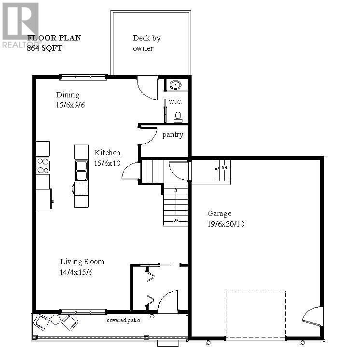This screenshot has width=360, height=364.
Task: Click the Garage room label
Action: coord(220,213)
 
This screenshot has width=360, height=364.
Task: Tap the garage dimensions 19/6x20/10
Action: coord(226,224)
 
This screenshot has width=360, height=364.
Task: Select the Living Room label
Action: coord(82,262)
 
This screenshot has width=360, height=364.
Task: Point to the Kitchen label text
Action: coord(107,152)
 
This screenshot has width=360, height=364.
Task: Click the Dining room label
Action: coord(68,94)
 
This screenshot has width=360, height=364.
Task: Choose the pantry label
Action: coord(172,135)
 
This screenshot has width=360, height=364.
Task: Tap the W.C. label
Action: coord(175,102)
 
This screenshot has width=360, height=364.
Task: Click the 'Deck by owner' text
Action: coord(146,42)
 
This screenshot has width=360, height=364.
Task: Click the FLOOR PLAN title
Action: coord(54,38)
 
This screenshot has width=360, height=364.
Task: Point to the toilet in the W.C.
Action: coord(178,116)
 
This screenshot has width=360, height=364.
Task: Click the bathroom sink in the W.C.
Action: coord(175,86)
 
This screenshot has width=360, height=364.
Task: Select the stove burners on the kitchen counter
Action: coord(43,165)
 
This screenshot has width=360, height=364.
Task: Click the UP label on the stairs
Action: coord(176,221)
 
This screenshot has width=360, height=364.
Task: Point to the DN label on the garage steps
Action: coord(224,167)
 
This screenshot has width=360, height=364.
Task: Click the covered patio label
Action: coord(124,320)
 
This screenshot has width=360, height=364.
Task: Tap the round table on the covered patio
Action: coord(56,320)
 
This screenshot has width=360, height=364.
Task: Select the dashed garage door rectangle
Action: coord(255,313)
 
